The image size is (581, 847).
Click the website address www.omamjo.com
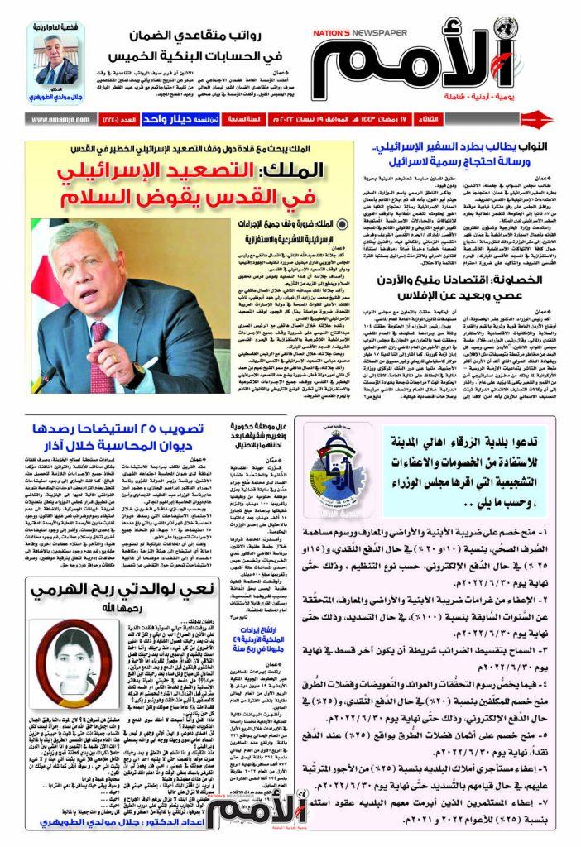coord(59,119)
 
